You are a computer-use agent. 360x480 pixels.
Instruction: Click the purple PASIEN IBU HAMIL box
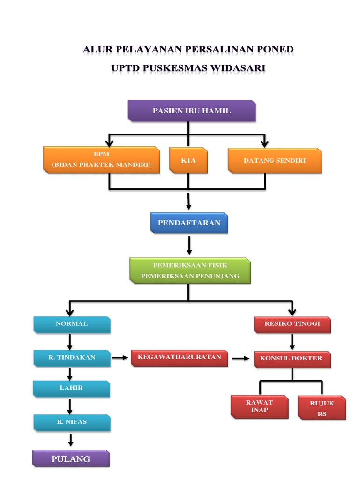[192, 111]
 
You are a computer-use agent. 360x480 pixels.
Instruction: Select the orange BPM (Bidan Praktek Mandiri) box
[101, 160]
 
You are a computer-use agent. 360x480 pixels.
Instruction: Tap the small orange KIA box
[188, 161]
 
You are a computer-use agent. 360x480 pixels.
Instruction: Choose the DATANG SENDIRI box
[275, 161]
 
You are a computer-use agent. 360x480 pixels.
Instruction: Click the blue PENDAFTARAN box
[189, 223]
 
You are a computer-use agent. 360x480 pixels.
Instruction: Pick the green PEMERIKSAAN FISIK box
[190, 270]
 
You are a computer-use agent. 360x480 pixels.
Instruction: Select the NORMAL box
[72, 324]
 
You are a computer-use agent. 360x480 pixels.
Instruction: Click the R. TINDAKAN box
[72, 357]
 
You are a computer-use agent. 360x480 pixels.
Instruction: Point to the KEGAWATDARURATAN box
[180, 358]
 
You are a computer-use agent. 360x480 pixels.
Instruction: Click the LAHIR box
[71, 388]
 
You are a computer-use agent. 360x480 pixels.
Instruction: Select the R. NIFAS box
[72, 422]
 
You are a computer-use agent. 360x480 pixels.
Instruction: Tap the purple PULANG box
[71, 458]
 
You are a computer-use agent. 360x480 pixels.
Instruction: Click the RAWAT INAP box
[259, 406]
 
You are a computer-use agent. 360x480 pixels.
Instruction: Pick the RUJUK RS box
[322, 407]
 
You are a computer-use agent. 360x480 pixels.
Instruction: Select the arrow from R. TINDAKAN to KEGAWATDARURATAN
[120, 358]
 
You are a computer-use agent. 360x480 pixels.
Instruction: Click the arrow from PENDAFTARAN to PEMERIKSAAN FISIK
[189, 245]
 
